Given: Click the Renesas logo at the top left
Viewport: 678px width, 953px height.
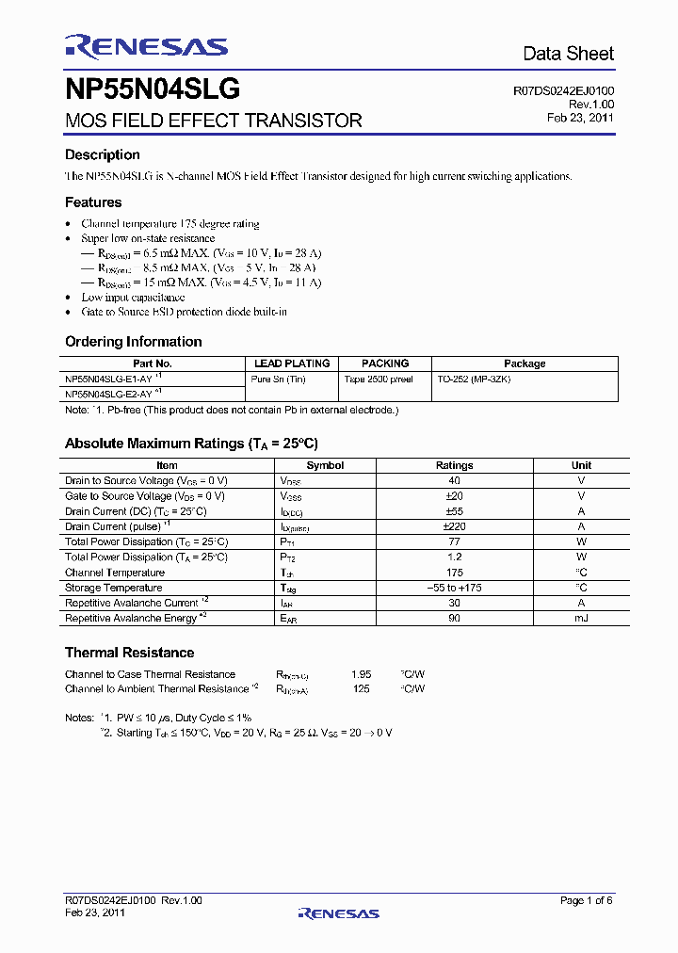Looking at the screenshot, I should (x=146, y=46).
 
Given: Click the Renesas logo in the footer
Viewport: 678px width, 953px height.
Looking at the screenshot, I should (x=338, y=913).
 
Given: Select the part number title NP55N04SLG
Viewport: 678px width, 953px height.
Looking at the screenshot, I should (x=152, y=89).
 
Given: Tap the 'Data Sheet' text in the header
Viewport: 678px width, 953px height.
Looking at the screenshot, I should (x=568, y=54).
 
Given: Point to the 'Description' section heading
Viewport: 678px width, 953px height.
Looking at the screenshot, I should (x=102, y=154).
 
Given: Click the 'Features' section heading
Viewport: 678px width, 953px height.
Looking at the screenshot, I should (x=93, y=202).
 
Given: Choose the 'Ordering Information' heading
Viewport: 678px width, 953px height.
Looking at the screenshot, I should (x=133, y=341).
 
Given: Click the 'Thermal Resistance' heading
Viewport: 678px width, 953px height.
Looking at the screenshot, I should (x=129, y=652).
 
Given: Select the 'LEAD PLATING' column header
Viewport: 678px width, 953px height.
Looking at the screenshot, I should (x=292, y=363).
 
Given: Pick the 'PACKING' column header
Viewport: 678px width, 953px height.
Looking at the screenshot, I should (x=385, y=363).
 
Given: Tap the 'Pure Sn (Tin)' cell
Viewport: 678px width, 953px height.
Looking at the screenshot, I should (x=279, y=378).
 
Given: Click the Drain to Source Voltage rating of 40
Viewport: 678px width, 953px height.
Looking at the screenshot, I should (x=454, y=480).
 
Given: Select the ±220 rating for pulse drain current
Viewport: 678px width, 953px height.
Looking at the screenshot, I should (x=454, y=526).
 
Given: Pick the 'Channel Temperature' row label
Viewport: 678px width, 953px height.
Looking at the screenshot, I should (x=114, y=573).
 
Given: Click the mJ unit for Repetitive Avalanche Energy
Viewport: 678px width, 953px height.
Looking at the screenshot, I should (x=581, y=618).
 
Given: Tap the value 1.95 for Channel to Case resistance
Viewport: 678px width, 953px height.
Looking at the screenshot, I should (x=361, y=674).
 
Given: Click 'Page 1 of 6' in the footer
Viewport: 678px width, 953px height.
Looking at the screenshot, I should (x=586, y=900).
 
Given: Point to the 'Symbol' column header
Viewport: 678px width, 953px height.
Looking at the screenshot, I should (x=325, y=465).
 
